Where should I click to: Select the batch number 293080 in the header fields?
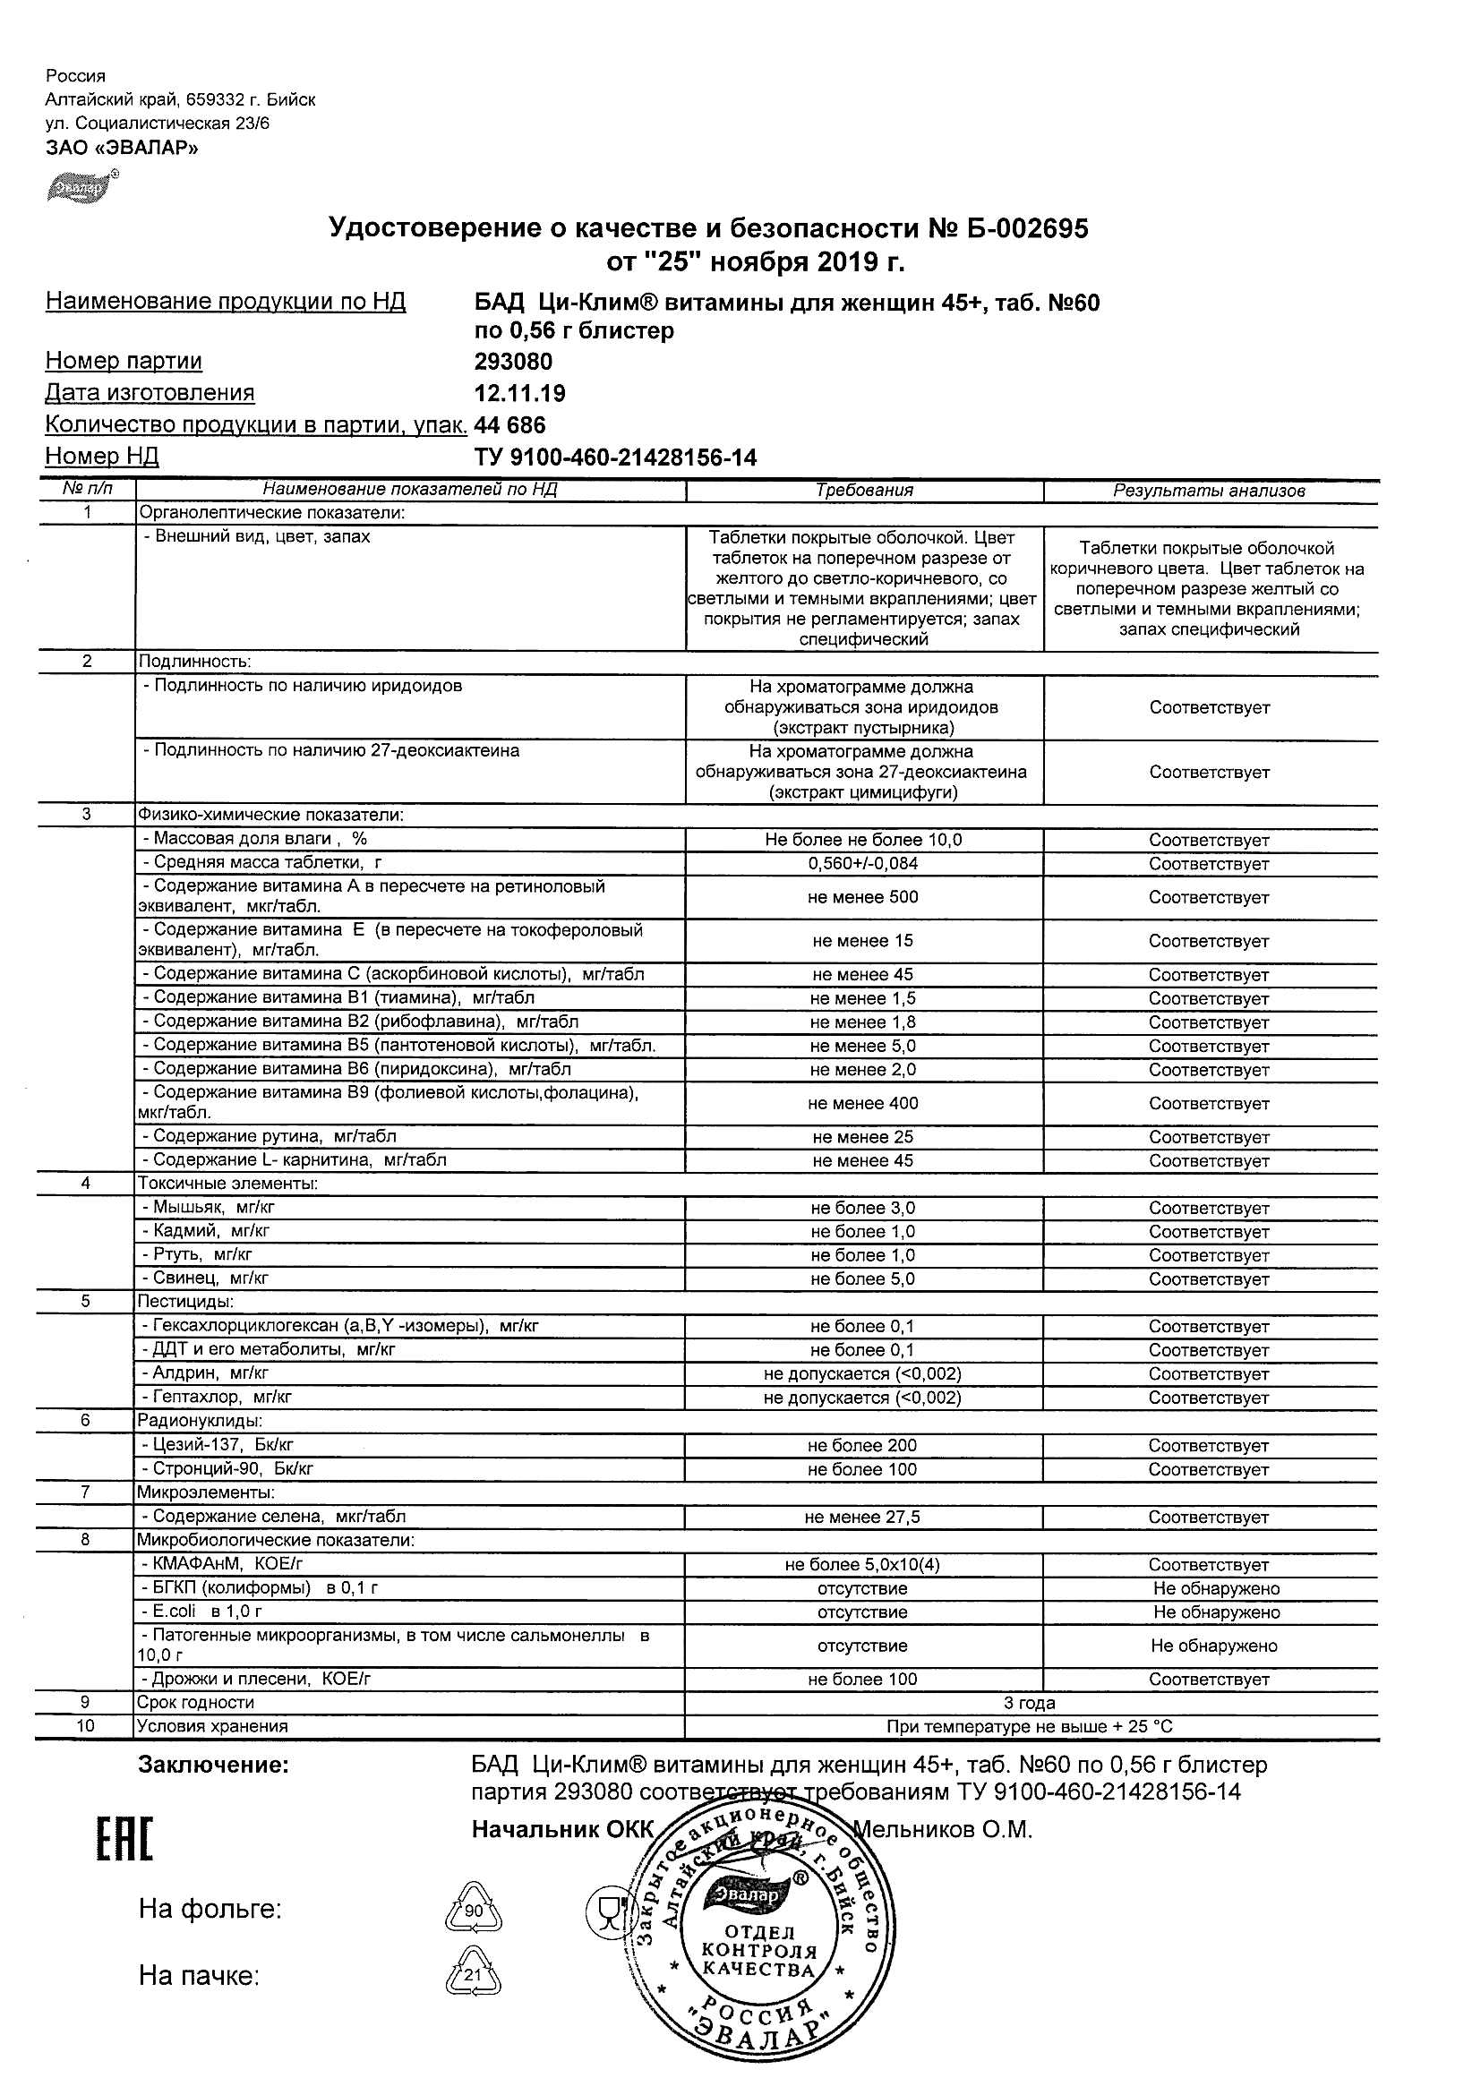[513, 362]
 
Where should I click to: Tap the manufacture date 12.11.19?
[519, 393]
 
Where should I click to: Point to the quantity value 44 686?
[510, 425]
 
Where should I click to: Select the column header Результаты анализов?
[1209, 491]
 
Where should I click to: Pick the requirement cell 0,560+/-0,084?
[862, 863]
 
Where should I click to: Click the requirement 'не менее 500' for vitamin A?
[862, 897]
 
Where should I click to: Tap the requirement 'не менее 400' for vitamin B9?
[862, 1103]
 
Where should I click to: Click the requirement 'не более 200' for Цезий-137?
[862, 1445]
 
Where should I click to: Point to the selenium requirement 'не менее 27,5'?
[862, 1517]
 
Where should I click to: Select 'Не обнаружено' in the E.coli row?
[1215, 1612]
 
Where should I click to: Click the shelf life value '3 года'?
[1030, 1703]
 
